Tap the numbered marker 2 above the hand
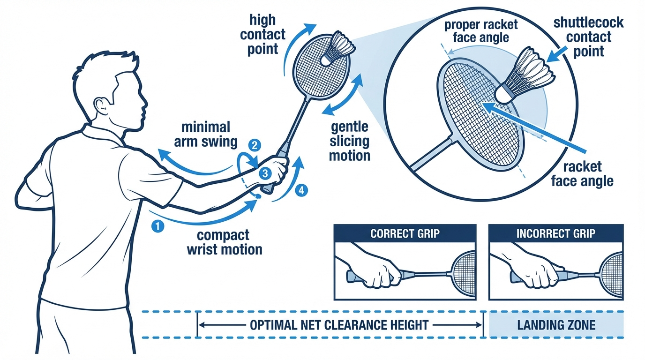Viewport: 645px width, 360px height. pyautogui.click(x=254, y=145)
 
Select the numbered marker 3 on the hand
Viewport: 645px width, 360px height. pyautogui.click(x=265, y=173)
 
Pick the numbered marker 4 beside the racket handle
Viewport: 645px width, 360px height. pyautogui.click(x=302, y=191)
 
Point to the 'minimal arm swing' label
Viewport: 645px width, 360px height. pyautogui.click(x=206, y=134)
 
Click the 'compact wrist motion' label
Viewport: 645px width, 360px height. pyautogui.click(x=224, y=242)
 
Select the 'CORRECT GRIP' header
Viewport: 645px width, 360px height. pyautogui.click(x=405, y=233)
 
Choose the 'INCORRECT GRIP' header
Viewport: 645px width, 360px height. pyautogui.click(x=555, y=233)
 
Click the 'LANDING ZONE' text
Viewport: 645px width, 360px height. pyautogui.click(x=556, y=325)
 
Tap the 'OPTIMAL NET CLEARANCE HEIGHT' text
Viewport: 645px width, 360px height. pyautogui.click(x=339, y=325)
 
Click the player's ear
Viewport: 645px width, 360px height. pyautogui.click(x=100, y=104)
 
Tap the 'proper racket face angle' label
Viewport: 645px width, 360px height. pyautogui.click(x=481, y=31)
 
